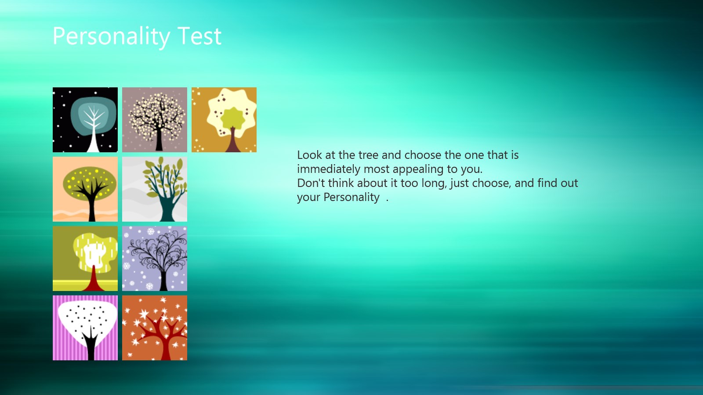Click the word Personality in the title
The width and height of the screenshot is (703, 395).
(x=111, y=37)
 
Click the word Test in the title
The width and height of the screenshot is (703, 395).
(x=199, y=36)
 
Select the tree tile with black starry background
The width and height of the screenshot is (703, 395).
(x=85, y=120)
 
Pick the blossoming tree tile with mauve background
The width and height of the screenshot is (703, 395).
(x=154, y=120)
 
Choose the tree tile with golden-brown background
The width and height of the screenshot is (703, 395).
(x=224, y=120)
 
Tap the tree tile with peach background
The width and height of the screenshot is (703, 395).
(x=85, y=189)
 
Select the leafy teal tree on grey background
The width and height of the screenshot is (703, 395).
(x=154, y=189)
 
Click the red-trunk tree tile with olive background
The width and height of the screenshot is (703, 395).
(x=85, y=259)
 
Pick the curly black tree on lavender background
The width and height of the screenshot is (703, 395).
(x=154, y=259)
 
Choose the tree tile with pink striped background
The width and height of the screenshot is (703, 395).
(x=85, y=327)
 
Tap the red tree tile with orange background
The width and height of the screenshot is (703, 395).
(x=154, y=327)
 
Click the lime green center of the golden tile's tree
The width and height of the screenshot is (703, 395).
(x=233, y=118)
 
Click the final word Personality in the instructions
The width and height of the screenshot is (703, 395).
(x=351, y=197)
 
